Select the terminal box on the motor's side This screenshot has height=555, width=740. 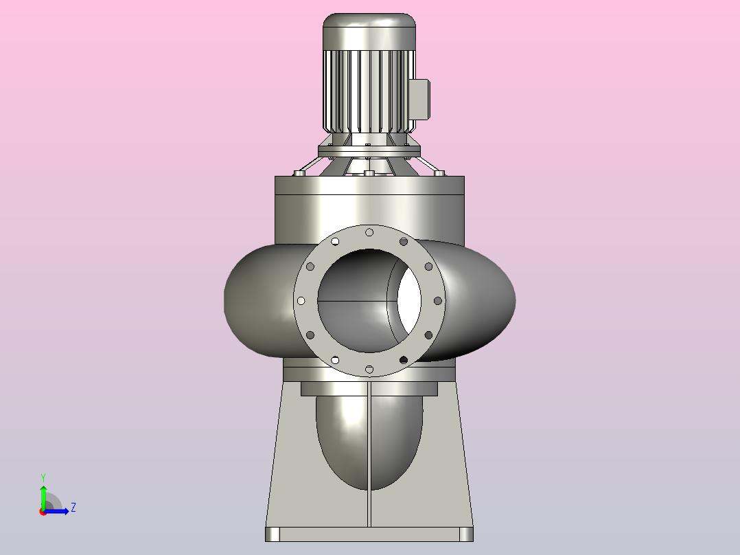[x=419, y=100]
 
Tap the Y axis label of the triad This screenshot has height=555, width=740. [x=43, y=478]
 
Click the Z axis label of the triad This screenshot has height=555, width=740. [x=73, y=508]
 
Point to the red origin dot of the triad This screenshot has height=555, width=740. [x=43, y=512]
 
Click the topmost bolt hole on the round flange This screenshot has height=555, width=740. [x=369, y=232]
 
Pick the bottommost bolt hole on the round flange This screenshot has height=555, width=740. [x=369, y=369]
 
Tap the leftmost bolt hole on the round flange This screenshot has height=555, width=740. [x=301, y=301]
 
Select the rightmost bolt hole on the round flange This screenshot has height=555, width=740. [x=437, y=301]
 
